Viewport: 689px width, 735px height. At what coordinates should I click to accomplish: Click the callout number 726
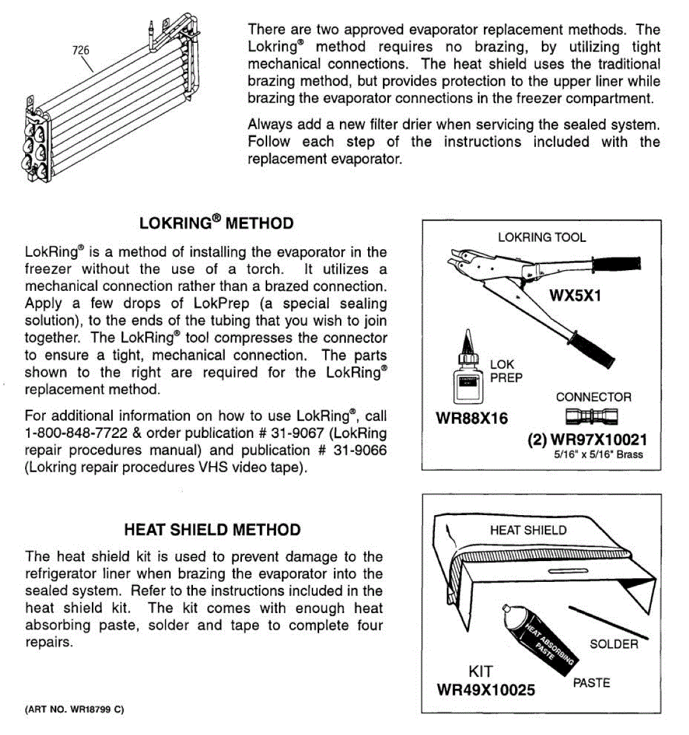81,50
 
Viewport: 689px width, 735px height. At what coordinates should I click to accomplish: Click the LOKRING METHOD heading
216,222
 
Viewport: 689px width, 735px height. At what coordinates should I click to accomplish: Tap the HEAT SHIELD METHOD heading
212,530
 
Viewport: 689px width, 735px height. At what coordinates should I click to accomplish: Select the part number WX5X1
575,296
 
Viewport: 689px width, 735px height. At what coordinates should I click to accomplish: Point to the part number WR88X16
472,419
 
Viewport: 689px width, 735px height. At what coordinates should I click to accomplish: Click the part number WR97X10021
598,440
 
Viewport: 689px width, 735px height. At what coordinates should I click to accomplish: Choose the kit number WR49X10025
486,690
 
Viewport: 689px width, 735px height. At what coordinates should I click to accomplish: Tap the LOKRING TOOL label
541,238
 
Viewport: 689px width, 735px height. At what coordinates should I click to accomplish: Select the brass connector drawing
592,418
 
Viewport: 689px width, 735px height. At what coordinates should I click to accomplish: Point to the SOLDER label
614,644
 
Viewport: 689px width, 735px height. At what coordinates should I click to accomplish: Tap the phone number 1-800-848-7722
76,433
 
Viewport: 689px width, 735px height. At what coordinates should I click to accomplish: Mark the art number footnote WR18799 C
75,709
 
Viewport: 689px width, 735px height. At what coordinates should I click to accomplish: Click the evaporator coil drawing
110,104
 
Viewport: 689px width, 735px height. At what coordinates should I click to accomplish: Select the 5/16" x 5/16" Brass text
598,455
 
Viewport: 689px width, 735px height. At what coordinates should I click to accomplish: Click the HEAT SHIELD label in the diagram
528,530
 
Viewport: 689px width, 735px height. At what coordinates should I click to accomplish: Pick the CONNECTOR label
593,397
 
